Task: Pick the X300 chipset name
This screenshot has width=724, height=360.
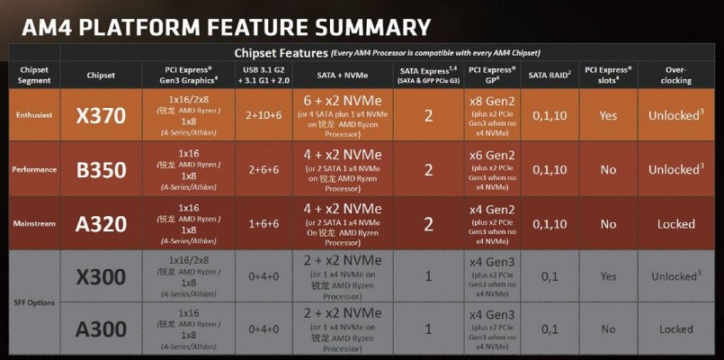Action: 102,277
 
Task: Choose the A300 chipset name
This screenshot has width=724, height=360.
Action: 102,329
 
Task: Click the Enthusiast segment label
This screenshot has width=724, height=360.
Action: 34,114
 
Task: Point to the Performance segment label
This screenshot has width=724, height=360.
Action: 34,169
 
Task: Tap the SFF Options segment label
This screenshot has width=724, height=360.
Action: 34,303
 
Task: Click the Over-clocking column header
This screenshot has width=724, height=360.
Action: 675,74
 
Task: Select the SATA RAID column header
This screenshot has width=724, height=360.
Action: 550,74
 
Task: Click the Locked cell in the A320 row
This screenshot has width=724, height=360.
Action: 675,224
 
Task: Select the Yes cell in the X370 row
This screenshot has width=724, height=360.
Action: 608,115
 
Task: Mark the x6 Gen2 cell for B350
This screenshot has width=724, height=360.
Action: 492,154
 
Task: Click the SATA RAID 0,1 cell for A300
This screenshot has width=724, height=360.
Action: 550,329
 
